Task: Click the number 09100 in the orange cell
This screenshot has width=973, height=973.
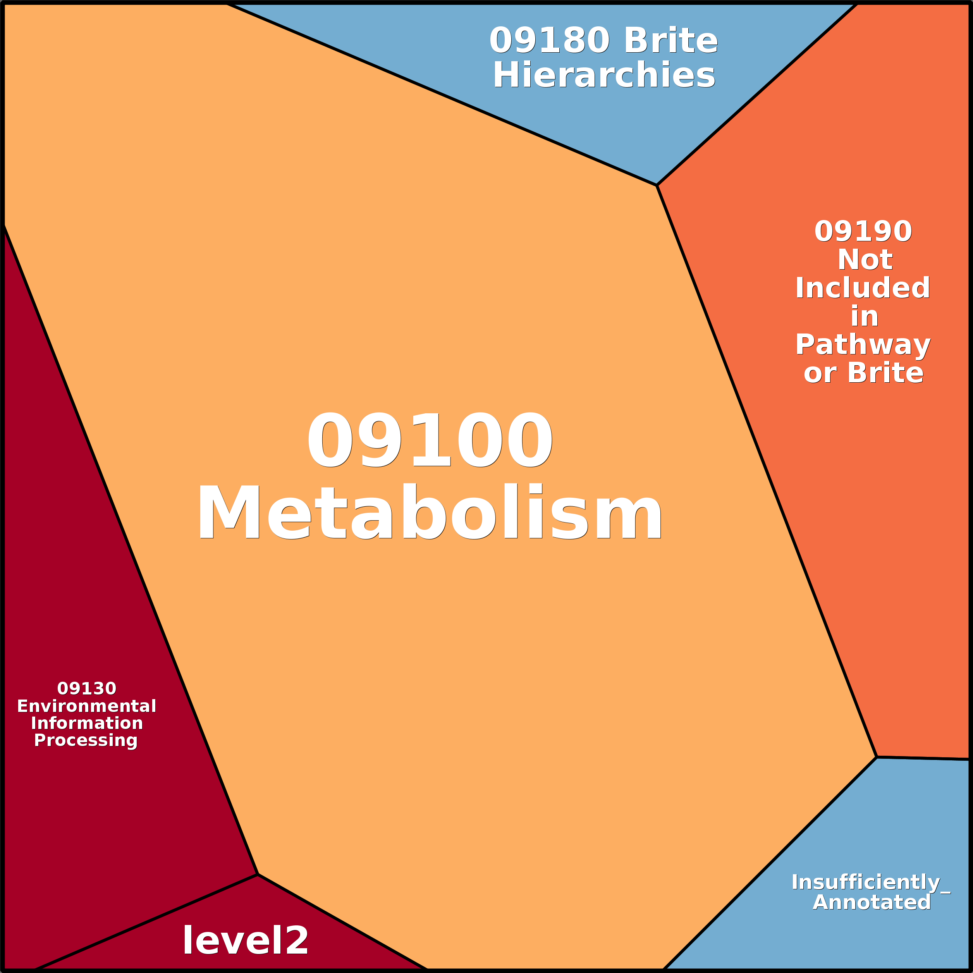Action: tap(430, 439)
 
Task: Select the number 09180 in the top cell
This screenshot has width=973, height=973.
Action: tap(549, 40)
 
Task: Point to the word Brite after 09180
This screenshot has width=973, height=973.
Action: tap(671, 40)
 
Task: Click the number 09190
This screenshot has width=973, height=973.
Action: tap(863, 231)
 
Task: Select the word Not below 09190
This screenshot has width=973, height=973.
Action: tap(865, 260)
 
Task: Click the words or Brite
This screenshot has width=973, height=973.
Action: tap(863, 373)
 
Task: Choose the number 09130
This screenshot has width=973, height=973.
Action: tap(87, 688)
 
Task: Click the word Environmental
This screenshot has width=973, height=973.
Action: tap(87, 706)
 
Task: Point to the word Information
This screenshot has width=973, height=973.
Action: tap(87, 723)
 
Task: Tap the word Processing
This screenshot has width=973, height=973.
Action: tap(86, 740)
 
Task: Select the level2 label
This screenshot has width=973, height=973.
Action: tap(245, 940)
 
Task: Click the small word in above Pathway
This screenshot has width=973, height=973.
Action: tap(864, 317)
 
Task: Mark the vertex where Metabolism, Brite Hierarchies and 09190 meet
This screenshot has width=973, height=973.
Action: tap(657, 185)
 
